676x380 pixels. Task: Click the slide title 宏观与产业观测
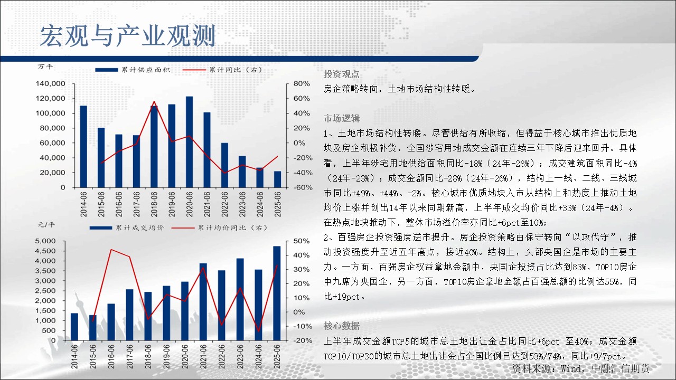click(x=128, y=36)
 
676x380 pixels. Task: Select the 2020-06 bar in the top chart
click(x=189, y=142)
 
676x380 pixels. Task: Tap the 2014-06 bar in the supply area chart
click(x=83, y=147)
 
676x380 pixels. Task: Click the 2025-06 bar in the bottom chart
click(x=277, y=293)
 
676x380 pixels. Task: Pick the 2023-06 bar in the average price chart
click(x=240, y=299)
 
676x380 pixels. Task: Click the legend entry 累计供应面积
click(x=133, y=70)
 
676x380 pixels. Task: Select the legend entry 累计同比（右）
click(x=222, y=70)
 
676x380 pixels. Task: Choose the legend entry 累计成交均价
click(x=127, y=227)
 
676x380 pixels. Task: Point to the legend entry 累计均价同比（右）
click(x=219, y=227)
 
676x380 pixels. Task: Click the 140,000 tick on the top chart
click(x=50, y=83)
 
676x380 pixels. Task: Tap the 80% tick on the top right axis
click(x=302, y=83)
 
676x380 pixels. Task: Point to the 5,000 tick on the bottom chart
click(x=45, y=241)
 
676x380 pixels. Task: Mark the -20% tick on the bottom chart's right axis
click(x=303, y=340)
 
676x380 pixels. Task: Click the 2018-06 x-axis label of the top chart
click(x=154, y=204)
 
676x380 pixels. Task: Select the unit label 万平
click(x=45, y=66)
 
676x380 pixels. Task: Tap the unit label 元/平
click(x=46, y=225)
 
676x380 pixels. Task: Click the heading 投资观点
click(x=341, y=74)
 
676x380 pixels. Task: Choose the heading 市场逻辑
click(x=341, y=119)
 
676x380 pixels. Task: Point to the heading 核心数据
click(x=341, y=326)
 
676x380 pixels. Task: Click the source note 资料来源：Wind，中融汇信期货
click(x=580, y=368)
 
